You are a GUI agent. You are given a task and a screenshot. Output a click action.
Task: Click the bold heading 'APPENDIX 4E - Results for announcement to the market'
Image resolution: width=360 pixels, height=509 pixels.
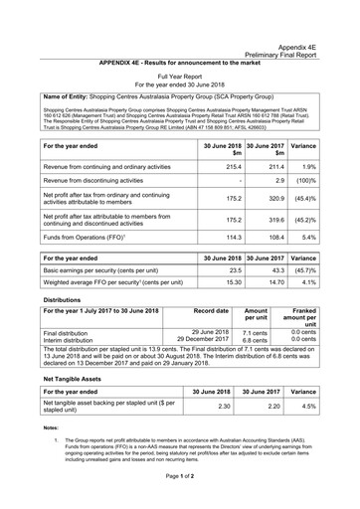(x=179, y=63)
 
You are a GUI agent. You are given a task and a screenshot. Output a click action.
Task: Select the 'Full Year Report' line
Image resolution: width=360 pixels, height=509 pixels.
(x=179, y=76)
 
